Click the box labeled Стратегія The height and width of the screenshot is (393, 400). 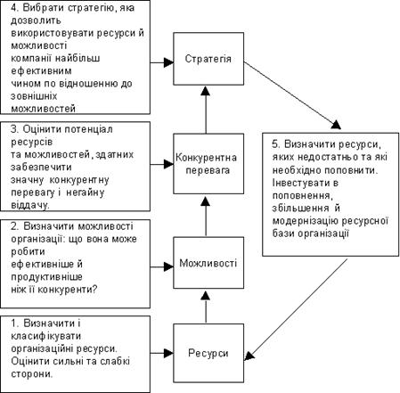point(208,59)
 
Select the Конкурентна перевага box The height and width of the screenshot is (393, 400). point(208,164)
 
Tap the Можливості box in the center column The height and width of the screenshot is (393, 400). point(208,263)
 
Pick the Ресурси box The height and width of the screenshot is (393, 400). point(208,353)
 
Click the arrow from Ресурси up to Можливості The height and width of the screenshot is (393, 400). point(206,307)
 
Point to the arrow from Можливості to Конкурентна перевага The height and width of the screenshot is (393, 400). point(206,217)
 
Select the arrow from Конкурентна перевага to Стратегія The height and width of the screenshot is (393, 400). point(206,110)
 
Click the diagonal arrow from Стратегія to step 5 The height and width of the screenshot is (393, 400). point(292,95)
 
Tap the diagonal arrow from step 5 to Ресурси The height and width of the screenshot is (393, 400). point(296,309)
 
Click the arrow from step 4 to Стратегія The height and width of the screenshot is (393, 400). point(162,62)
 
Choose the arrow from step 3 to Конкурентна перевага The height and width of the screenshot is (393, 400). point(162,164)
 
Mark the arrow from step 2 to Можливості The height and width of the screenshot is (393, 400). point(162,266)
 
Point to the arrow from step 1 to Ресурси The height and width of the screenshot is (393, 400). point(162,353)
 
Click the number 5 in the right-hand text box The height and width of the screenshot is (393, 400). point(274,144)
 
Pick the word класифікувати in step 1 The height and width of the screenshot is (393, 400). point(46,336)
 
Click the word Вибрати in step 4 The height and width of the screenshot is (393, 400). point(44,8)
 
